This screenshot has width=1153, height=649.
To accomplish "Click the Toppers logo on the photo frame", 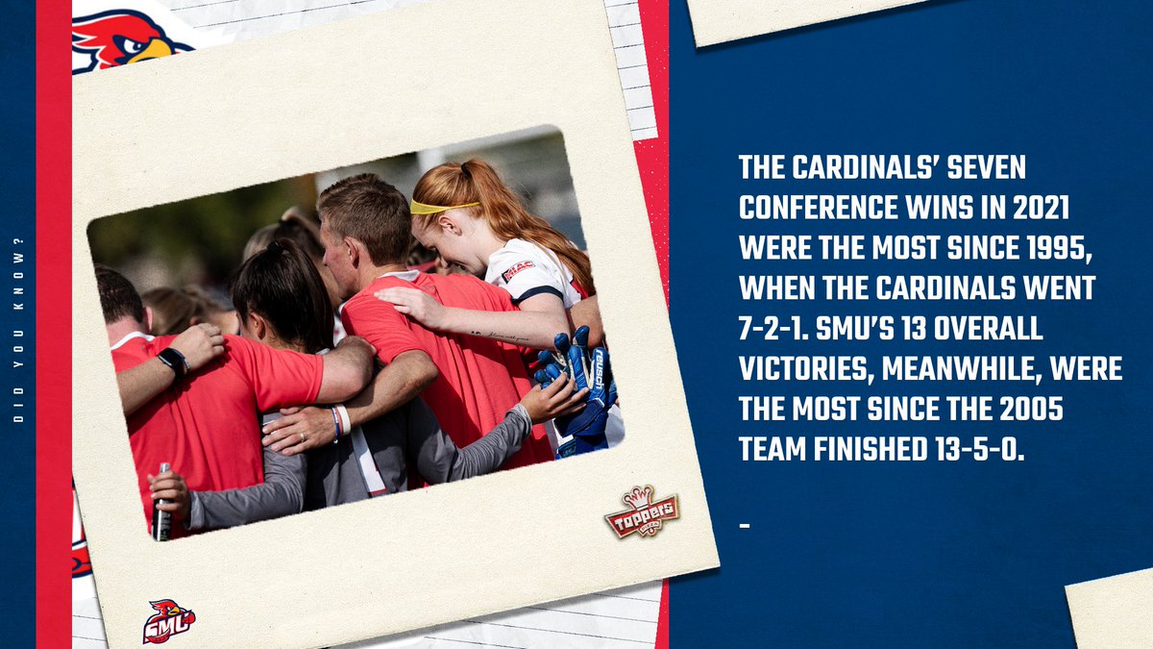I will (x=642, y=512).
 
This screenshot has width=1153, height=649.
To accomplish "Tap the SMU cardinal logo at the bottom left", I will (x=168, y=621).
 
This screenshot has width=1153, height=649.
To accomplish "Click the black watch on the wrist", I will (x=173, y=362).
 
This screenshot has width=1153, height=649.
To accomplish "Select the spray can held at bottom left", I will (x=161, y=505).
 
